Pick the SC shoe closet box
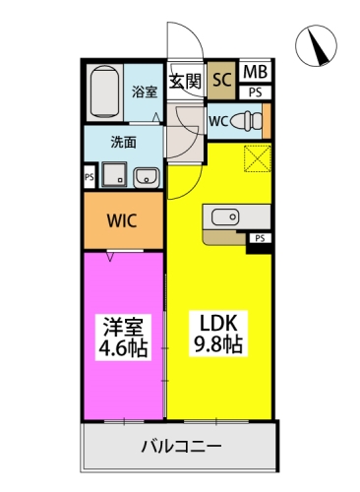pos(220,79)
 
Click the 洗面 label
pos(123,141)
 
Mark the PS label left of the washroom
pos(89,178)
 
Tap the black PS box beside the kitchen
pos(261,239)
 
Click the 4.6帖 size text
pos(123,347)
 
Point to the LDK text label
pos(217,325)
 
